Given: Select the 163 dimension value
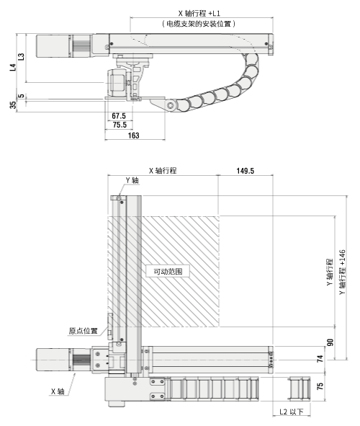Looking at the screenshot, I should [x=133, y=135].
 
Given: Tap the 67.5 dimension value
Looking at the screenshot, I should [x=119, y=115].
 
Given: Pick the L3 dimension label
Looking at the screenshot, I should [x=22, y=56].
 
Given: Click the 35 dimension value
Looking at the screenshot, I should [x=12, y=105].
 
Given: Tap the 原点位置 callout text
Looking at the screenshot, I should [x=84, y=331].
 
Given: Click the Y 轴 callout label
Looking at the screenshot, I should [x=132, y=180].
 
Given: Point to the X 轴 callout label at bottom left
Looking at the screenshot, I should [x=58, y=391].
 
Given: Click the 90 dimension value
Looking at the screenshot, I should [x=331, y=342].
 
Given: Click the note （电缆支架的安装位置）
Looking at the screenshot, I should [x=199, y=24].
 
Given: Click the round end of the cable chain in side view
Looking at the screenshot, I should [x=171, y=107].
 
